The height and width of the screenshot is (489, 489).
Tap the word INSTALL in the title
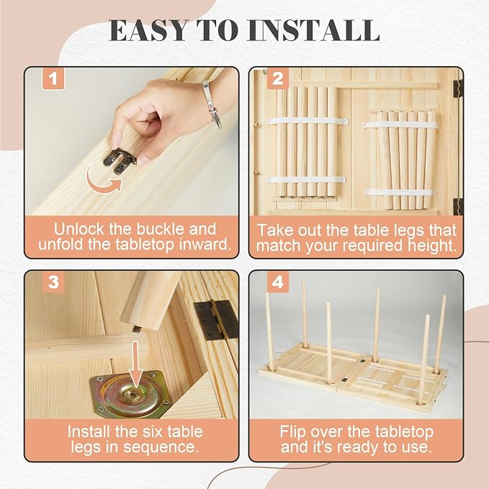pyautogui.click(x=313, y=30)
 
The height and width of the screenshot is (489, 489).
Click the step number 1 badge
pyautogui.click(x=53, y=78)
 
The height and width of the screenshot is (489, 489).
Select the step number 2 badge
pyautogui.click(x=277, y=78)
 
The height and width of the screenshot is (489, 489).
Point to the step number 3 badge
pyautogui.click(x=53, y=282)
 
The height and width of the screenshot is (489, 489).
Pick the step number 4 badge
pyautogui.click(x=277, y=282)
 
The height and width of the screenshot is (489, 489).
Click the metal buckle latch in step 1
pyautogui.click(x=120, y=161)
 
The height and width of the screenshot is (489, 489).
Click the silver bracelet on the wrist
pyautogui.click(x=212, y=105)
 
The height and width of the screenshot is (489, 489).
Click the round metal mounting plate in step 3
pyautogui.click(x=130, y=395)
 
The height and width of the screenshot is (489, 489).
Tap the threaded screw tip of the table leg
pyautogui.click(x=136, y=328)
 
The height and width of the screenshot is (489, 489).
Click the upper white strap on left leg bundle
pyautogui.click(x=308, y=121)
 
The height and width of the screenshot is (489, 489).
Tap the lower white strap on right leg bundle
pyautogui.click(x=400, y=192)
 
